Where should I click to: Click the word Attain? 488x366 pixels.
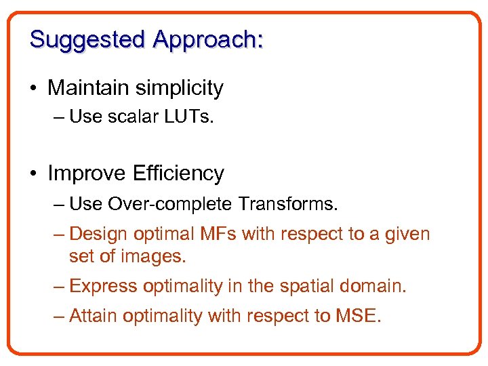(94, 316)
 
